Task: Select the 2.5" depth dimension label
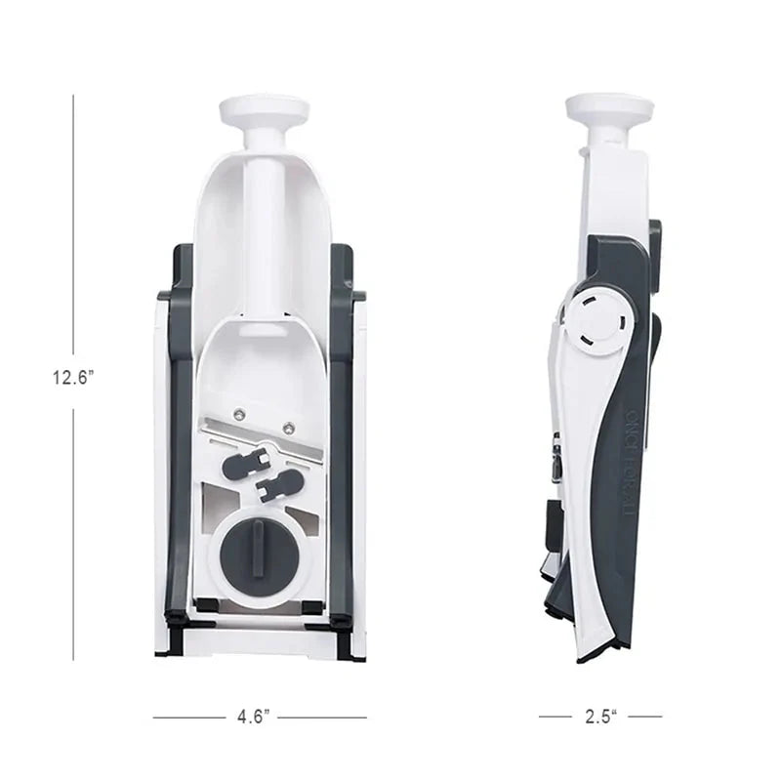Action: point(600,717)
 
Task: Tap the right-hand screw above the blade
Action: point(288,426)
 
